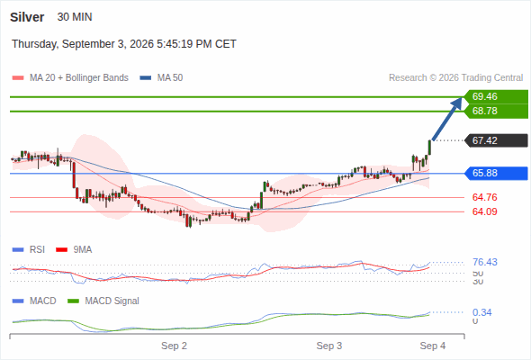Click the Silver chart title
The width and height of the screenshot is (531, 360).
point(27,17)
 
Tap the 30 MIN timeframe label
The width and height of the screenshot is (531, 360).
point(75,17)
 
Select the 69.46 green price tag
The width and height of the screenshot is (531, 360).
point(496,96)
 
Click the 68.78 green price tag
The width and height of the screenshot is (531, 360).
point(496,111)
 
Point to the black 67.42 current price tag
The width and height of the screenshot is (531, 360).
point(496,140)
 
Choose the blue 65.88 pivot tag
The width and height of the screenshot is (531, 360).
point(496,173)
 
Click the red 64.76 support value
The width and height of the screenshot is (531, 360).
point(484,197)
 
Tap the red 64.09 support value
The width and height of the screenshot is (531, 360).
point(484,211)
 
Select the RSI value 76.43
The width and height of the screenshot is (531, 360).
point(485,262)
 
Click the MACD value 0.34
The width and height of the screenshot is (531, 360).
point(481,312)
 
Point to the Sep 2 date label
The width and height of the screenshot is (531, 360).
point(174,346)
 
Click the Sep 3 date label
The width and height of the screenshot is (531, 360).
point(329,346)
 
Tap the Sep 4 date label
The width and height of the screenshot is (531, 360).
point(433,346)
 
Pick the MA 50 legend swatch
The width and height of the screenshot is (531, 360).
point(146,78)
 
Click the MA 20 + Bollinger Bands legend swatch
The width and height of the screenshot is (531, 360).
point(18,78)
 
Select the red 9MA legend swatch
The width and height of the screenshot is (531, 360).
point(61,250)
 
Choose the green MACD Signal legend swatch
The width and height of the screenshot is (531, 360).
point(73,301)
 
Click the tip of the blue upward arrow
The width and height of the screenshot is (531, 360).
point(461,98)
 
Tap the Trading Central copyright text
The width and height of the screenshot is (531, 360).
point(455,78)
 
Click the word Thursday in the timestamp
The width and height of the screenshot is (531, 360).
point(35,44)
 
